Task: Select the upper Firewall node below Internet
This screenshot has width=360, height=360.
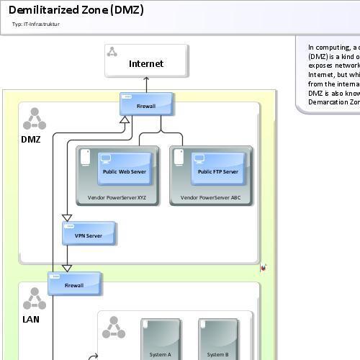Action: [146, 104]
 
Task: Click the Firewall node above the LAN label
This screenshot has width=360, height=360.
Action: [74, 284]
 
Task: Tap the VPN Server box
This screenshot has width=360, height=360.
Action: [89, 234]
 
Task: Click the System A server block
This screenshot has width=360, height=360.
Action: [160, 338]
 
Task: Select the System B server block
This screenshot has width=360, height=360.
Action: [217, 338]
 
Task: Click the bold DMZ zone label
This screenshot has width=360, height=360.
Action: [31, 139]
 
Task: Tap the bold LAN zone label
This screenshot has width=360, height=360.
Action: [31, 319]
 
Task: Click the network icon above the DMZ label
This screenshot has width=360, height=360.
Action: [34, 120]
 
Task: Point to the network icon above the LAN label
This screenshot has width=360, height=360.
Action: [34, 299]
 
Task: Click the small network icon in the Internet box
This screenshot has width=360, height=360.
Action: [112, 51]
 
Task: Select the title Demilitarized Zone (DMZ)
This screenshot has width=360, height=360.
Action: [76, 10]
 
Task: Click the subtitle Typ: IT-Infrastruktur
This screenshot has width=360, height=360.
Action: [36, 24]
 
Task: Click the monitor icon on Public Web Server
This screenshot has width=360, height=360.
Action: [106, 158]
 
